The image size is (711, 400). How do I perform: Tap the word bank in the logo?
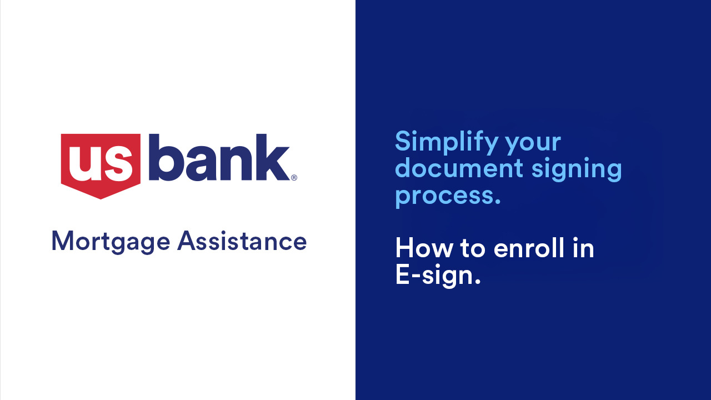[219, 157]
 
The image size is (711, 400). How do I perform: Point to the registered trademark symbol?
[294, 177]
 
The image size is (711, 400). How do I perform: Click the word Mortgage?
[111, 242]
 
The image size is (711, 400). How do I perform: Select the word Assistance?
[242, 241]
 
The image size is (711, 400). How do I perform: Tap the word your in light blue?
[533, 144]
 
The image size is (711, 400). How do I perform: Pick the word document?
[459, 168]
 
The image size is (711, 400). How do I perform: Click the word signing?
[577, 169]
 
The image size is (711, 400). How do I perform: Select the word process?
[444, 197]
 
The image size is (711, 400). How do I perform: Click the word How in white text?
[424, 248]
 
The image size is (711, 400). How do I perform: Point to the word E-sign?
[434, 275]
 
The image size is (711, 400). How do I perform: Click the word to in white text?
[473, 249]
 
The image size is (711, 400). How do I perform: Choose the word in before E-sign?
[583, 248]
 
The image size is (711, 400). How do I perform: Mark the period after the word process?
[497, 201]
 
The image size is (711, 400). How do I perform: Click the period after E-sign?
[477, 281]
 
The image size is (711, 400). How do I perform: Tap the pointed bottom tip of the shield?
[101, 199]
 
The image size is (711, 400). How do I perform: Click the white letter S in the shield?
[119, 164]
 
